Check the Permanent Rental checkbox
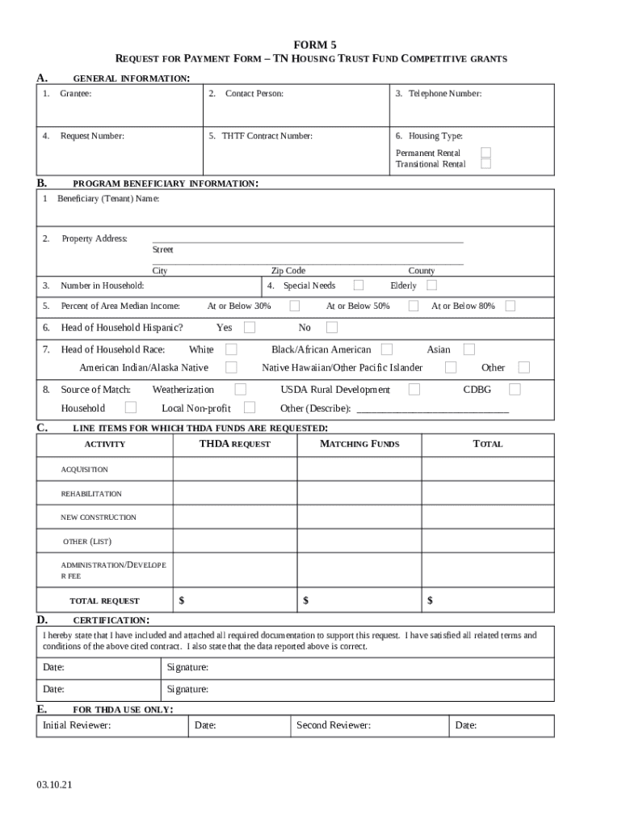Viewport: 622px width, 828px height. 485,152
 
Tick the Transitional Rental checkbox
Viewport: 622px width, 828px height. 485,163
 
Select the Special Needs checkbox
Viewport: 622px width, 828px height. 359,285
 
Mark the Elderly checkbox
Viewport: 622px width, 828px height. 432,285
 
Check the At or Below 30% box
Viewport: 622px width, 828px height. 295,306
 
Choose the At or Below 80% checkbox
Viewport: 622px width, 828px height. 511,306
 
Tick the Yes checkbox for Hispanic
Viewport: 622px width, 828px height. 250,327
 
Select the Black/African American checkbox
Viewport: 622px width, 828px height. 387,349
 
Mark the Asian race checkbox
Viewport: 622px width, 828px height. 469,349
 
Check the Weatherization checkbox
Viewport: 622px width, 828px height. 240,389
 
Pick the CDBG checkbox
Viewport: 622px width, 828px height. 515,389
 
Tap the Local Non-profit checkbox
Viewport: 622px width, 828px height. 250,408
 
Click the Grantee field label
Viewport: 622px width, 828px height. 75,94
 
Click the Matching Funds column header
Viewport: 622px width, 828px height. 359,444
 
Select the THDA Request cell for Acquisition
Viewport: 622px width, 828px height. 234,470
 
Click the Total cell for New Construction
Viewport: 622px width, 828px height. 488,517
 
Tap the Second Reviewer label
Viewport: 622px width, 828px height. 333,725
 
